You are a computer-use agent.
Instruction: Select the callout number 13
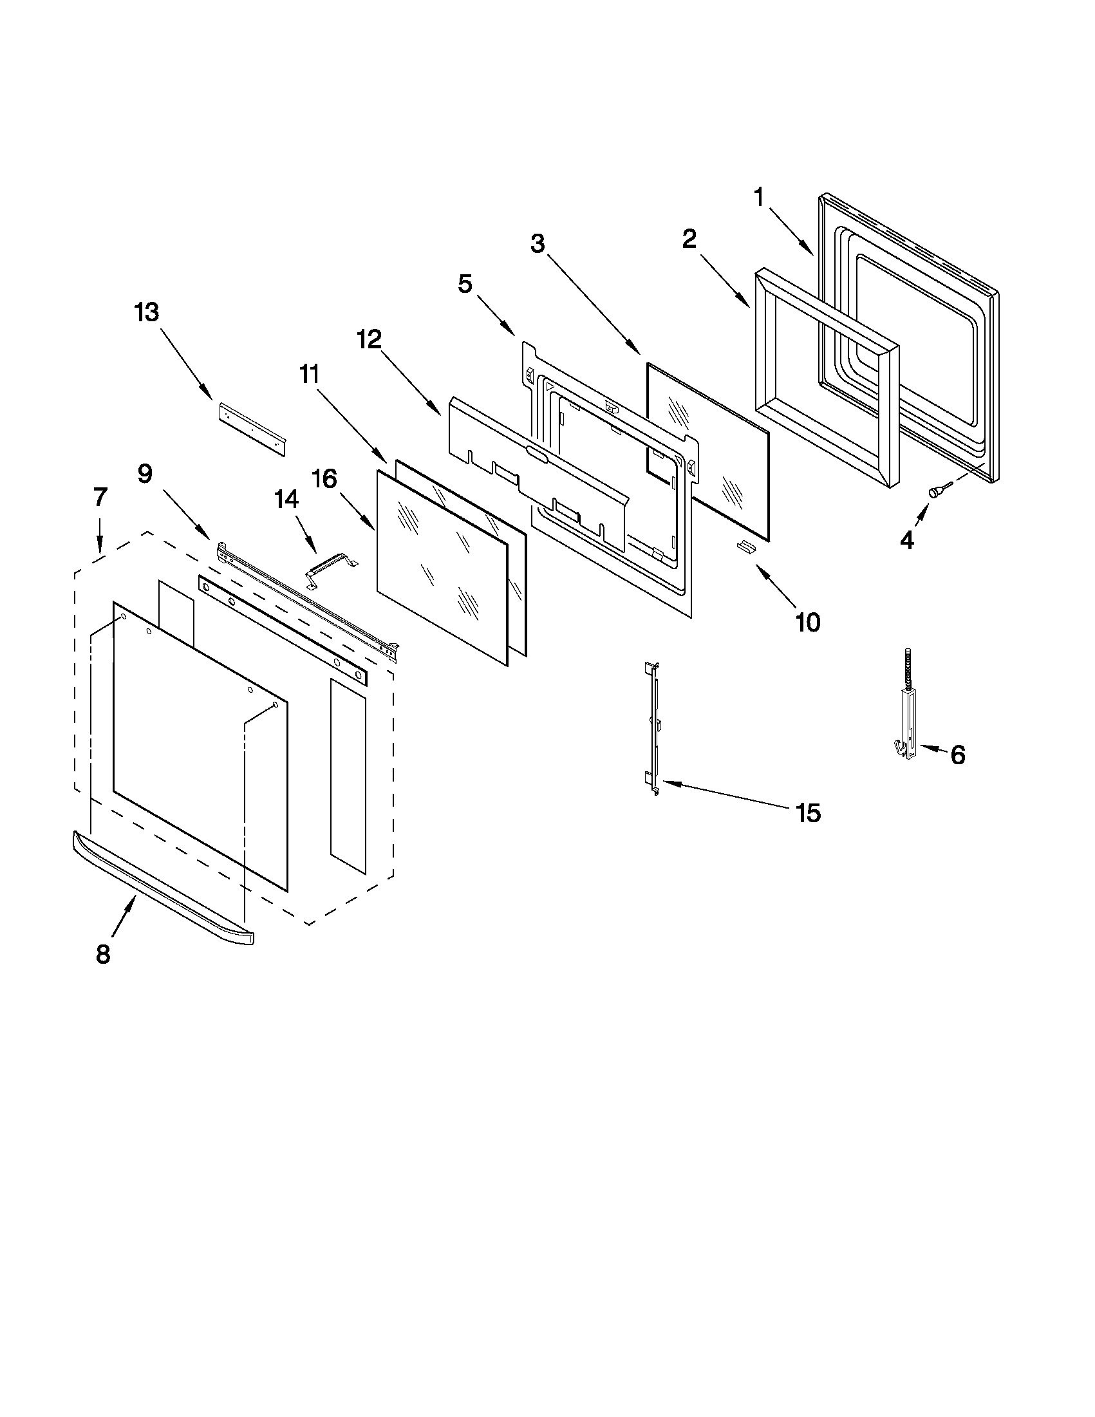147,313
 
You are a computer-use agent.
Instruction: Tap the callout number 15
809,812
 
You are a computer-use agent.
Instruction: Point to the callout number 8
103,953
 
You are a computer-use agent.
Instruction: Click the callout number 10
808,622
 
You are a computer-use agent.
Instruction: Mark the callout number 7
99,497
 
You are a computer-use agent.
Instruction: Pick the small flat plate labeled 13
254,428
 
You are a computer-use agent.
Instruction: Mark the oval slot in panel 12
538,453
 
